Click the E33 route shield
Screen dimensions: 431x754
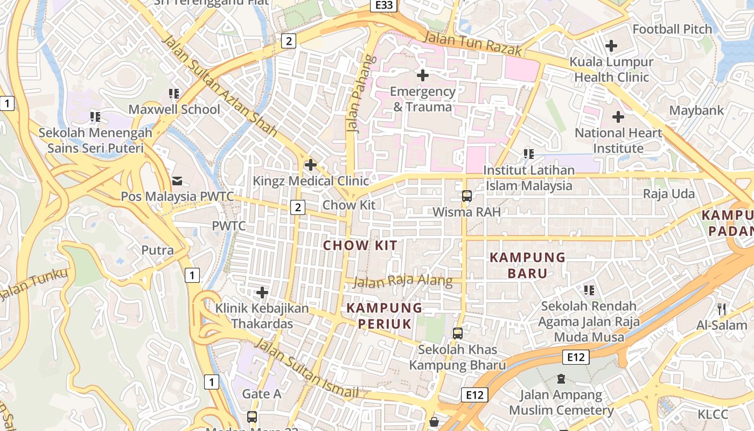pyautogui.click(x=385, y=5)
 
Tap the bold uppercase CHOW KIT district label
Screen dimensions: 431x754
pyautogui.click(x=360, y=246)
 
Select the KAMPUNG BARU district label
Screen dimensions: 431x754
pyautogui.click(x=527, y=265)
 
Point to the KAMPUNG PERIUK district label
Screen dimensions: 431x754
pyautogui.click(x=384, y=316)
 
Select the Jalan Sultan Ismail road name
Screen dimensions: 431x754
pyautogui.click(x=306, y=369)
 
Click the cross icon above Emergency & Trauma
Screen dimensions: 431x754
pyautogui.click(x=423, y=75)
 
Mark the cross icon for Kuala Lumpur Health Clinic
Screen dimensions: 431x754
pyautogui.click(x=611, y=46)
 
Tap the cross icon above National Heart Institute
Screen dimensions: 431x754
pyautogui.click(x=618, y=116)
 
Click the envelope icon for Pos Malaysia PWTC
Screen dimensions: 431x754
pyautogui.click(x=177, y=180)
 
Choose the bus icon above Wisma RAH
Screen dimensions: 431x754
pyautogui.click(x=467, y=196)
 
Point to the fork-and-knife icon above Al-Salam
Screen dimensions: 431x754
pyautogui.click(x=722, y=309)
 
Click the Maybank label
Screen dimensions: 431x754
pyautogui.click(x=696, y=110)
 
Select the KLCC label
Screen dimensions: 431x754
pyautogui.click(x=713, y=414)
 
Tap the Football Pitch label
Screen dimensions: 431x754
pyautogui.click(x=672, y=29)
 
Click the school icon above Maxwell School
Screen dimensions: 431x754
pyautogui.click(x=174, y=94)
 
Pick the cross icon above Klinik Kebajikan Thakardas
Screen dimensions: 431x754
pyautogui.click(x=262, y=293)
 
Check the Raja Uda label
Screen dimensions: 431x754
pyautogui.click(x=669, y=193)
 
